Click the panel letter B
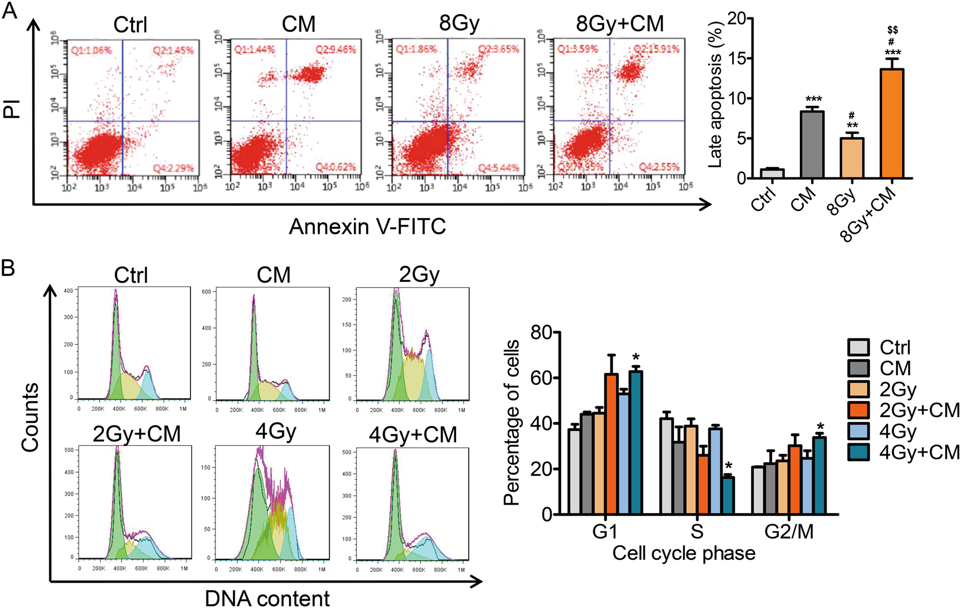pyautogui.click(x=8, y=268)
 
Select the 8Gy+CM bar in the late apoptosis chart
pyautogui.click(x=891, y=124)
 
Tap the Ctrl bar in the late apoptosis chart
pyautogui.click(x=772, y=173)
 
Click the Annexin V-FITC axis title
pyautogui.click(x=367, y=227)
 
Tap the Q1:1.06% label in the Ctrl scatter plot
pyautogui.click(x=91, y=50)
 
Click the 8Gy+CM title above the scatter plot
pyautogui.click(x=620, y=24)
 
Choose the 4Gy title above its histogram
pyautogui.click(x=276, y=432)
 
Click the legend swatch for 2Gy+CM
pyautogui.click(x=858, y=410)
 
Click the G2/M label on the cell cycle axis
pyautogui.click(x=789, y=531)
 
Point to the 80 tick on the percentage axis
pyautogui.click(x=542, y=333)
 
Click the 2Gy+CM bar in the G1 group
pyautogui.click(x=611, y=444)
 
